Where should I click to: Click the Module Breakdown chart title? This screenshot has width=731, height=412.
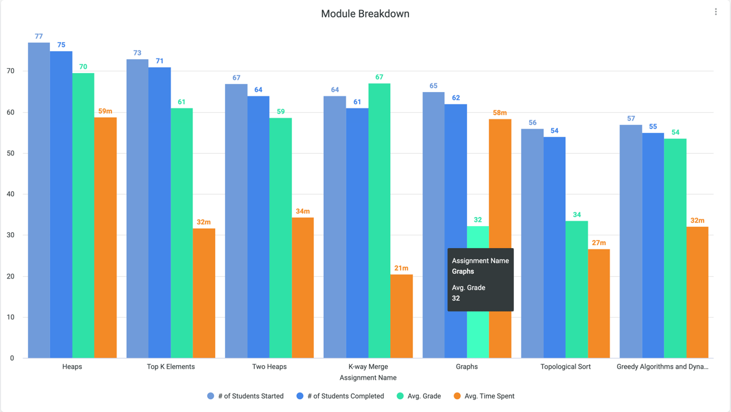click(x=365, y=13)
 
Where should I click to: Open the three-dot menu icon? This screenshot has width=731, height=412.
click(x=716, y=12)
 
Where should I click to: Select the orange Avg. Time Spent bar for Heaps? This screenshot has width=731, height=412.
click(x=105, y=238)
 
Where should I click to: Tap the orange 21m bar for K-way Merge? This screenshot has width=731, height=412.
click(x=401, y=316)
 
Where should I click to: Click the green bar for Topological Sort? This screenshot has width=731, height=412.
click(x=577, y=289)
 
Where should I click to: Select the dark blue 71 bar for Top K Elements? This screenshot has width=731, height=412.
click(x=160, y=213)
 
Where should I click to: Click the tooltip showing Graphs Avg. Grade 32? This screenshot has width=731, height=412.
click(x=480, y=280)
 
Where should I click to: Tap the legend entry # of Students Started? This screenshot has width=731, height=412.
click(x=245, y=396)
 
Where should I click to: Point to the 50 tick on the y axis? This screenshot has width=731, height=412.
click(x=10, y=154)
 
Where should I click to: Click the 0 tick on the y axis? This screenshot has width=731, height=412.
click(x=12, y=358)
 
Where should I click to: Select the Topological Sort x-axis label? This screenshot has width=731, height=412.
click(x=565, y=367)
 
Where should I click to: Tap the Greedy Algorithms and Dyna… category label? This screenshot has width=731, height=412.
click(x=662, y=367)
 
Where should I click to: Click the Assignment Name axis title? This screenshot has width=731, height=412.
click(x=368, y=378)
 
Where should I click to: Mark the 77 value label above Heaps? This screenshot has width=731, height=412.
click(x=38, y=37)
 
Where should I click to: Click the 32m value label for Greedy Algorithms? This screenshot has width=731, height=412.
click(x=697, y=221)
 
